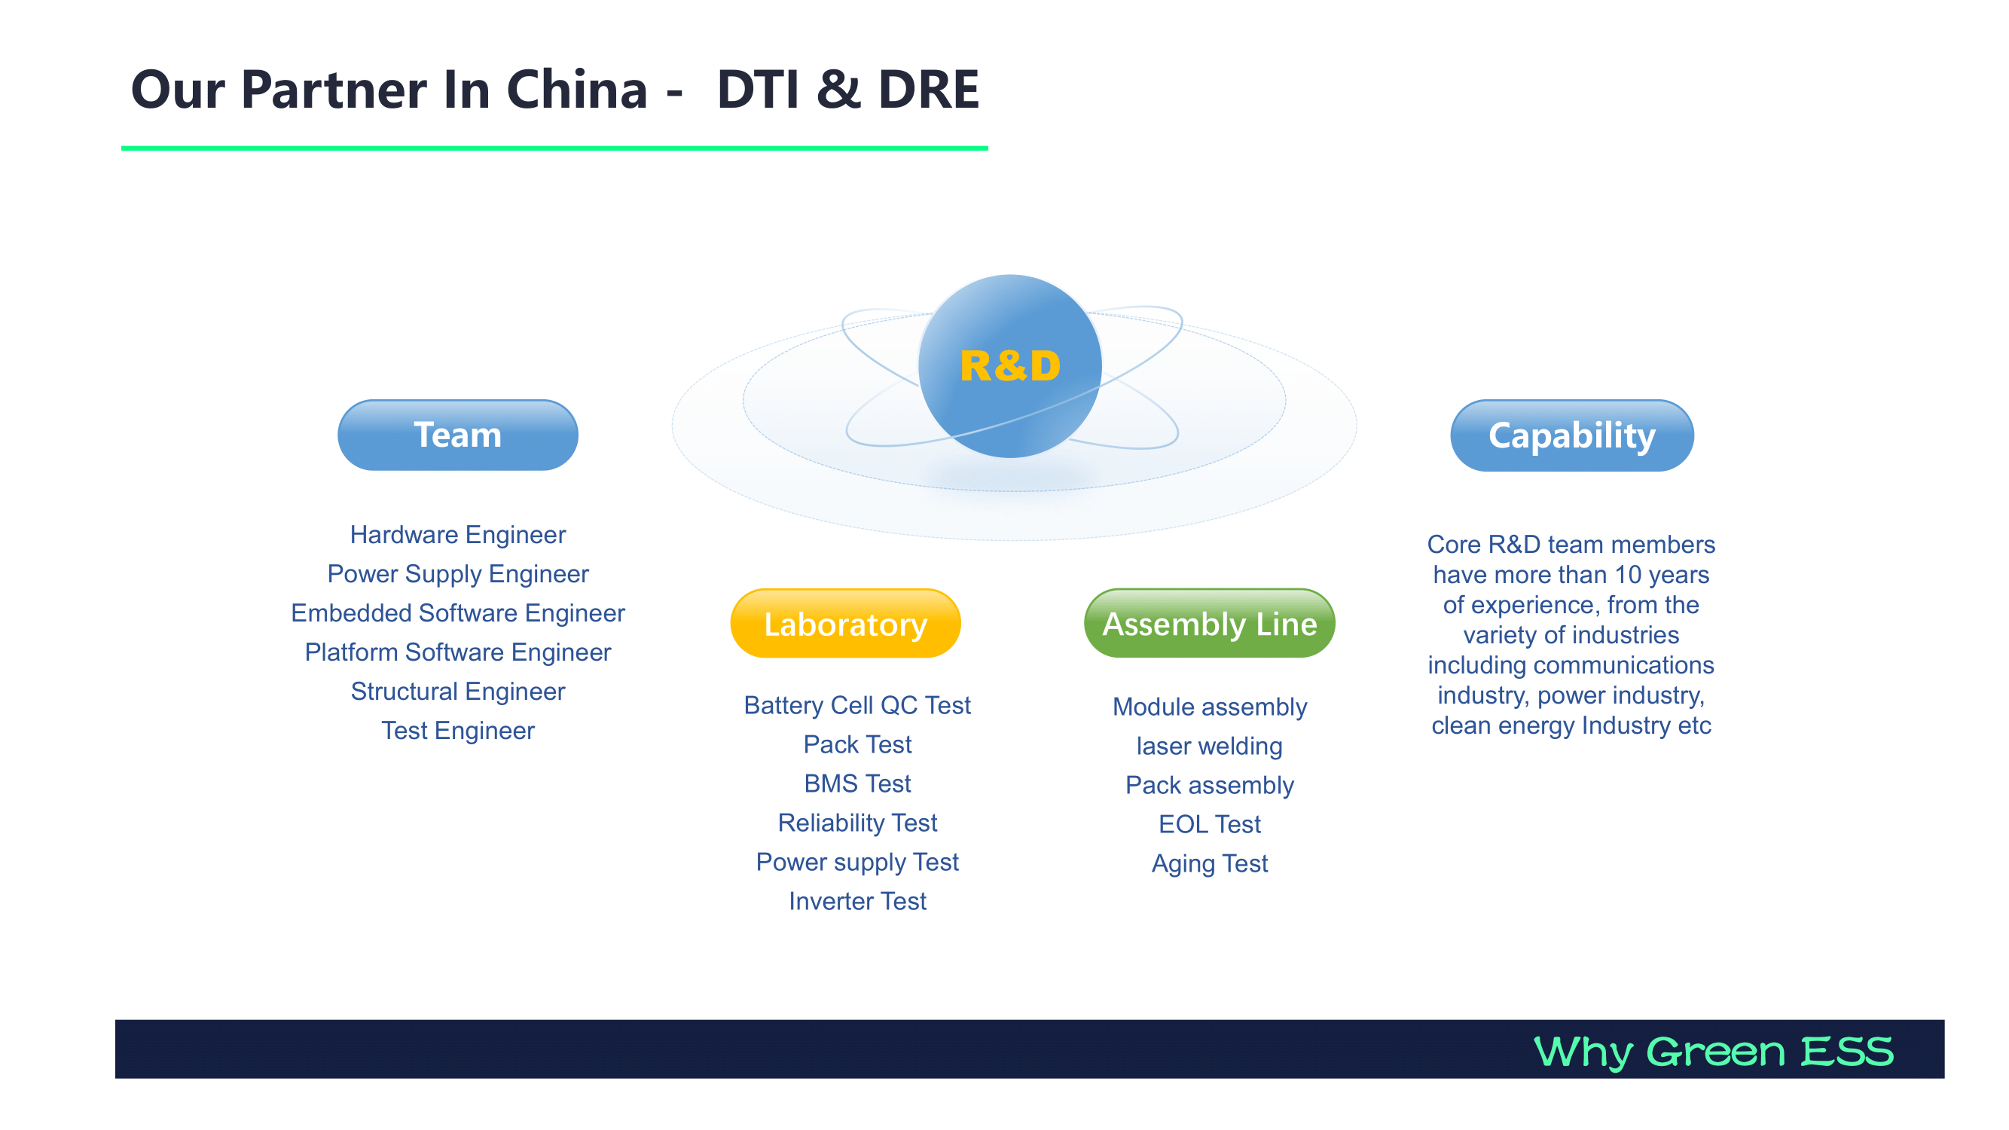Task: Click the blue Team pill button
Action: click(458, 435)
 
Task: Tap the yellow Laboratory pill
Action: click(845, 624)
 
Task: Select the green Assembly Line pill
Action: click(1210, 624)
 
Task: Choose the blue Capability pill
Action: click(1571, 435)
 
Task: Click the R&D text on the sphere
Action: click(1010, 366)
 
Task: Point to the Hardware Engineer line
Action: click(458, 535)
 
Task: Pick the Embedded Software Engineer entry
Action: click(458, 614)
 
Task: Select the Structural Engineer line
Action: click(458, 692)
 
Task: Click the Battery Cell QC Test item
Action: click(857, 705)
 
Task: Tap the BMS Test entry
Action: click(857, 783)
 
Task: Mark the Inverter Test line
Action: click(857, 902)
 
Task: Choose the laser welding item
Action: click(1210, 747)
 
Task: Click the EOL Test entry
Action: click(1210, 824)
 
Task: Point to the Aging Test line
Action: click(1210, 864)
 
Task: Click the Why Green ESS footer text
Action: click(1714, 1051)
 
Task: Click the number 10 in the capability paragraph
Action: click(1628, 575)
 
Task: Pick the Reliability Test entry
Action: click(857, 823)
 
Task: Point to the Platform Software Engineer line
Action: click(458, 652)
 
